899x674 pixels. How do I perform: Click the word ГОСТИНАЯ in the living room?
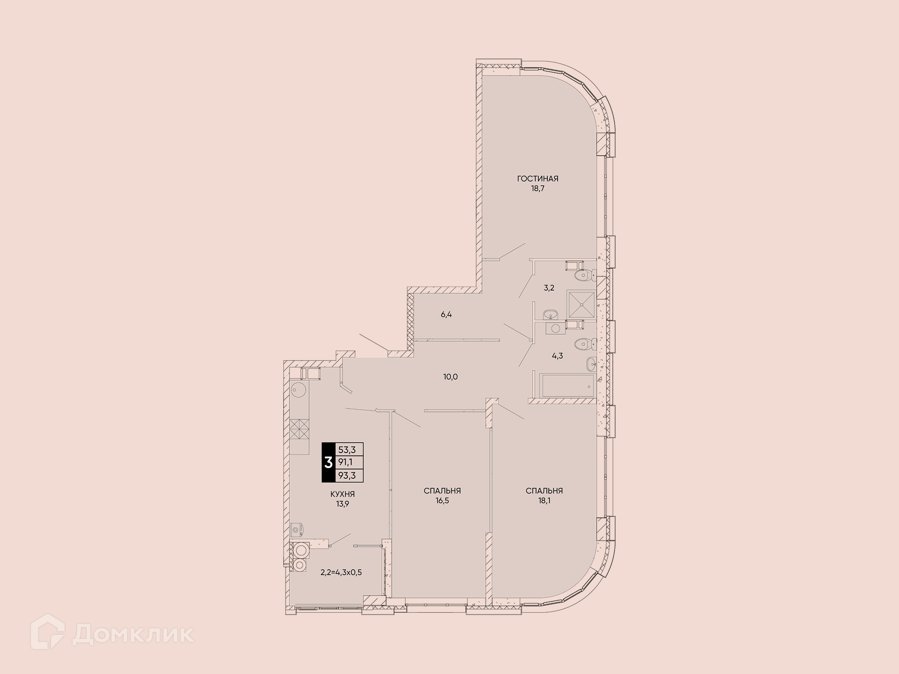[x=538, y=178]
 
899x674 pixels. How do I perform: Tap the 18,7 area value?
[x=538, y=189]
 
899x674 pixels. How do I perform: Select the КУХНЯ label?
[x=342, y=494]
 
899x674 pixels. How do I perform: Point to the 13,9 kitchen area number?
[x=342, y=504]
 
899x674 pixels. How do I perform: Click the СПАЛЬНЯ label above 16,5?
[x=442, y=491]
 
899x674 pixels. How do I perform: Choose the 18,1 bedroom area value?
[x=544, y=501]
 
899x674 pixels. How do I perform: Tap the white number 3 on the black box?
[x=329, y=462]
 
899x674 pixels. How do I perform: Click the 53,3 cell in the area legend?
[x=347, y=450]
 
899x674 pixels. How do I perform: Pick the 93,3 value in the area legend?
[x=347, y=476]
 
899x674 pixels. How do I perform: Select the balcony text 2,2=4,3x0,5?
[x=341, y=572]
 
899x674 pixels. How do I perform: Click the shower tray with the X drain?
[x=582, y=305]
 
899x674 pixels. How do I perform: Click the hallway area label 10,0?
[x=450, y=376]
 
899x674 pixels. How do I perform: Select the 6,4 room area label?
[x=446, y=315]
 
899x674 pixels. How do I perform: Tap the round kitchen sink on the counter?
[x=299, y=389]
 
